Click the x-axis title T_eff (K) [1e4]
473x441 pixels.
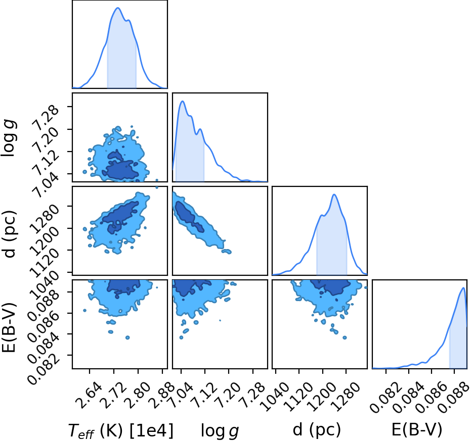(121, 430)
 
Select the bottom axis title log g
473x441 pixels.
(220, 431)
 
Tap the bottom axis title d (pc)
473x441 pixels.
(317, 430)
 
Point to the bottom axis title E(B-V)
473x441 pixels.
(417, 430)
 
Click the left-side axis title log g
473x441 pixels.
(9, 138)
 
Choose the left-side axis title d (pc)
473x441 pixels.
(9, 234)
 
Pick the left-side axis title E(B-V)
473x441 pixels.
(9, 327)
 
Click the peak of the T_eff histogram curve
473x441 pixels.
(118, 8)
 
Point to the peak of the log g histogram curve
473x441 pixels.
(182, 101)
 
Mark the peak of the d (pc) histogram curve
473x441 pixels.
(334, 194)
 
